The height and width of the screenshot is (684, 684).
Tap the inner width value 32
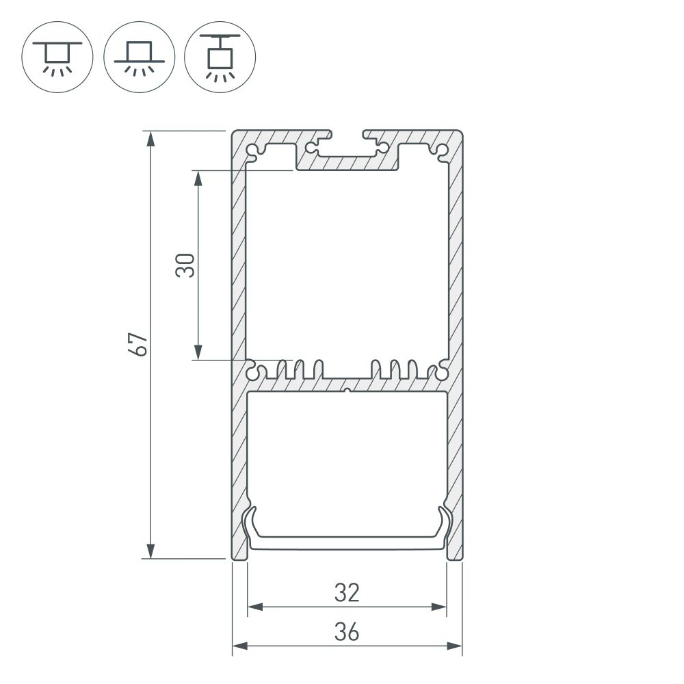(347, 592)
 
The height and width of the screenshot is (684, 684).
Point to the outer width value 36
(347, 633)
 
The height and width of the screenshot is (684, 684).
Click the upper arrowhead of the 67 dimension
(151, 137)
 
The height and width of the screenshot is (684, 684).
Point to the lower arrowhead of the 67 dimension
(151, 551)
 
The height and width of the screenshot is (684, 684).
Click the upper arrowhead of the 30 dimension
(198, 178)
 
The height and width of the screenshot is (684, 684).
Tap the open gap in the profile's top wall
(347, 132)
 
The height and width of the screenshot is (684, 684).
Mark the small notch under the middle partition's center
(347, 391)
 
